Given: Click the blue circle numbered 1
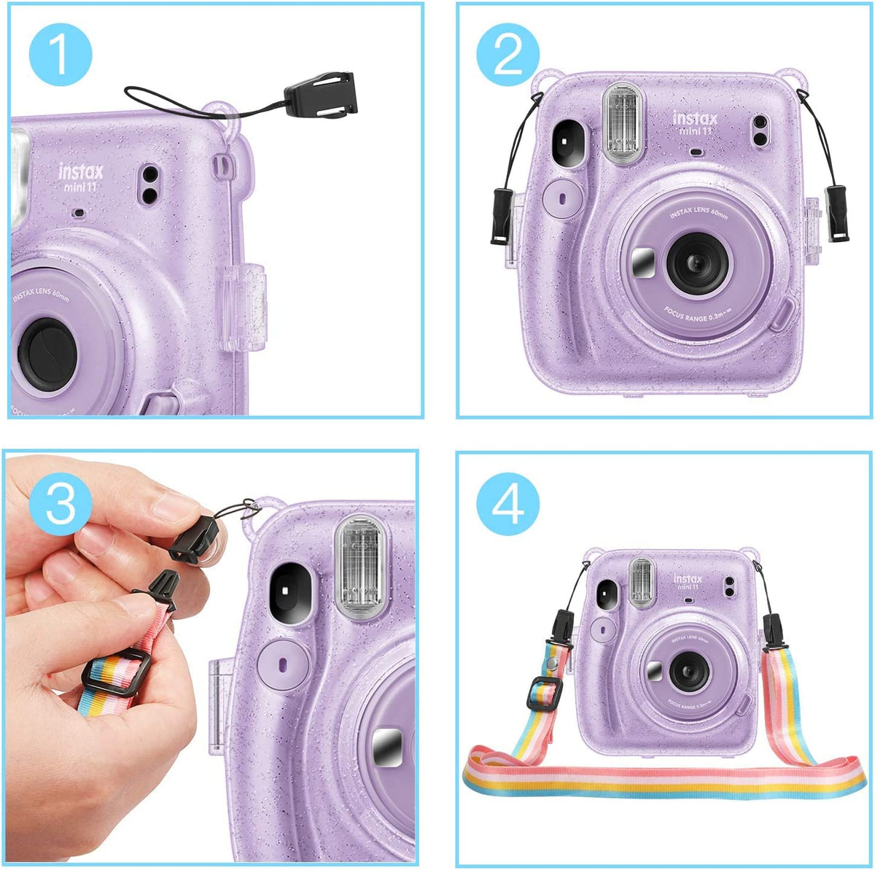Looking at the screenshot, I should tap(61, 53).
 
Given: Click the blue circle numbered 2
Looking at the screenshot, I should tap(508, 53).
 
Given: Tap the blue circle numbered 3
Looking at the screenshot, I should tap(61, 503).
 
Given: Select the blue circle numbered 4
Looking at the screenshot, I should tap(508, 503).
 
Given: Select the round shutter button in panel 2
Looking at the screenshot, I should tap(563, 197).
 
